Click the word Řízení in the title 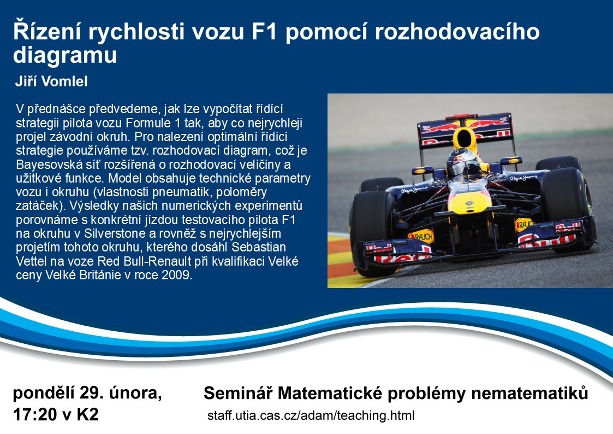tap(46, 31)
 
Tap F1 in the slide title tap(264, 32)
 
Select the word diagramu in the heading tap(65, 55)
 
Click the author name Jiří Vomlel tap(51, 81)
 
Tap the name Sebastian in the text tap(259, 247)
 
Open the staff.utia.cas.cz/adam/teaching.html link tap(311, 415)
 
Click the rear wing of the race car tap(465, 129)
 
